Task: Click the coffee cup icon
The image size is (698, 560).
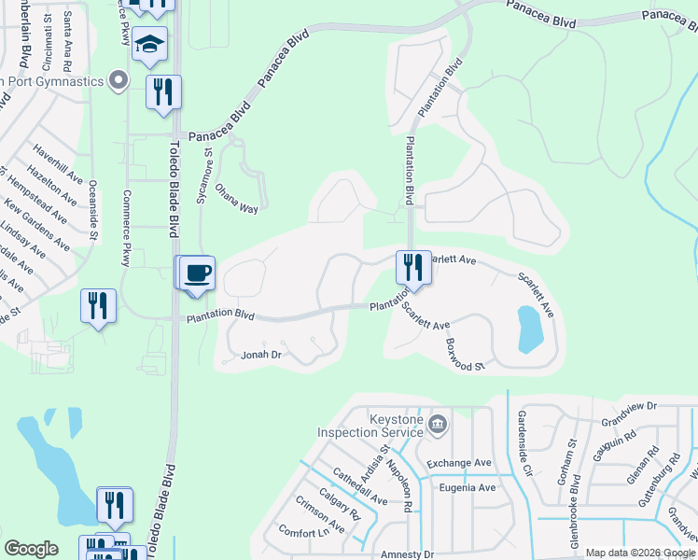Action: pos(198,273)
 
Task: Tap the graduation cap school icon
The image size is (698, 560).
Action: pos(149,44)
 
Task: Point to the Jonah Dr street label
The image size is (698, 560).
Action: pos(261,355)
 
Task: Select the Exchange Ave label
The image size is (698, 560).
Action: pos(458,463)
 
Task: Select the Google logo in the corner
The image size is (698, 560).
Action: pos(31,549)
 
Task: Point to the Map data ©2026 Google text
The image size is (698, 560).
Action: pos(641,553)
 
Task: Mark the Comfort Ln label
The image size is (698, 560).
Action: pos(304,533)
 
